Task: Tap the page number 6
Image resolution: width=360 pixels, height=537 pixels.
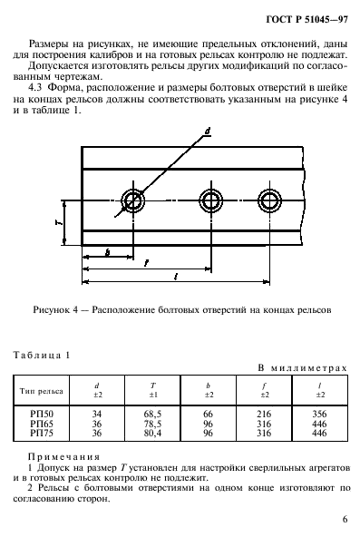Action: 345,520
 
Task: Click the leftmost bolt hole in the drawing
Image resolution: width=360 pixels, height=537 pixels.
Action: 134,199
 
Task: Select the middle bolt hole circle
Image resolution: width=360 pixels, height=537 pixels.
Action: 211,199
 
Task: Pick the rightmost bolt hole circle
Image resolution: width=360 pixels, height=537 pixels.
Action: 268,199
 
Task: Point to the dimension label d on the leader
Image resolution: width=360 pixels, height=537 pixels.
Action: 208,132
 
